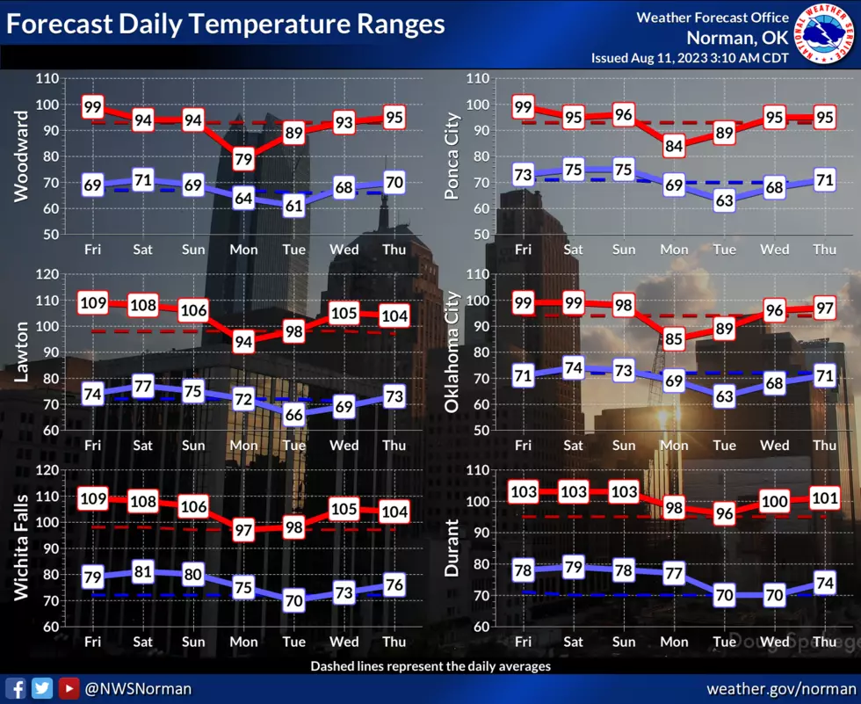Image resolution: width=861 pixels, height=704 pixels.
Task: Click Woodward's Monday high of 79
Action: [x=243, y=159]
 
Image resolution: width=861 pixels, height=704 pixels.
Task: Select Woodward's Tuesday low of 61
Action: [x=293, y=206]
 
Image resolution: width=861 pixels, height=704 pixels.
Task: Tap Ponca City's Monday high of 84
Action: [x=674, y=146]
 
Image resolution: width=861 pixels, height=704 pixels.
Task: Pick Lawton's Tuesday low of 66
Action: [x=293, y=415]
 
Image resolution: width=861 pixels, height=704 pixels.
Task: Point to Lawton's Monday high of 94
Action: [x=243, y=342]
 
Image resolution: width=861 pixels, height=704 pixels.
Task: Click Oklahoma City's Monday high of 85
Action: [x=674, y=339]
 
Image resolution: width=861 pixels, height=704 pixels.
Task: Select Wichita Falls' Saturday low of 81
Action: [x=142, y=571]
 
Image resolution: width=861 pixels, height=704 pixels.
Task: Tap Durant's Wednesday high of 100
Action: [x=774, y=501]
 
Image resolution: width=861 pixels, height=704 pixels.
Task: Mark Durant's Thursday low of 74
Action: [x=825, y=583]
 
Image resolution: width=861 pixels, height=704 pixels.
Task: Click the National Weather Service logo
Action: [x=824, y=34]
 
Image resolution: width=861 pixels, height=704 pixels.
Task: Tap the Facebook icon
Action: [x=16, y=689]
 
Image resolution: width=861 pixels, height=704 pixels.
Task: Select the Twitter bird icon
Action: [x=42, y=689]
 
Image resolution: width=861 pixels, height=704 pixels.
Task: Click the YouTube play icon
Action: [x=69, y=689]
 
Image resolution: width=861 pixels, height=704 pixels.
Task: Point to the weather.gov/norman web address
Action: [x=781, y=689]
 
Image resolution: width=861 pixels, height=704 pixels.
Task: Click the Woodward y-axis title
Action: [x=21, y=156]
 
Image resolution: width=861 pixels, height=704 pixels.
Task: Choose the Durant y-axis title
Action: [x=452, y=548]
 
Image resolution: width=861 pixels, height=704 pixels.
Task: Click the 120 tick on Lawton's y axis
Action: [x=47, y=274]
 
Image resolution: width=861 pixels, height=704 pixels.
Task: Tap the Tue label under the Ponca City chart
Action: [x=724, y=250]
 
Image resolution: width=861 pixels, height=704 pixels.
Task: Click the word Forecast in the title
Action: [x=60, y=24]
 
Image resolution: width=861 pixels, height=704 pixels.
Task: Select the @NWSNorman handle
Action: [x=138, y=689]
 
